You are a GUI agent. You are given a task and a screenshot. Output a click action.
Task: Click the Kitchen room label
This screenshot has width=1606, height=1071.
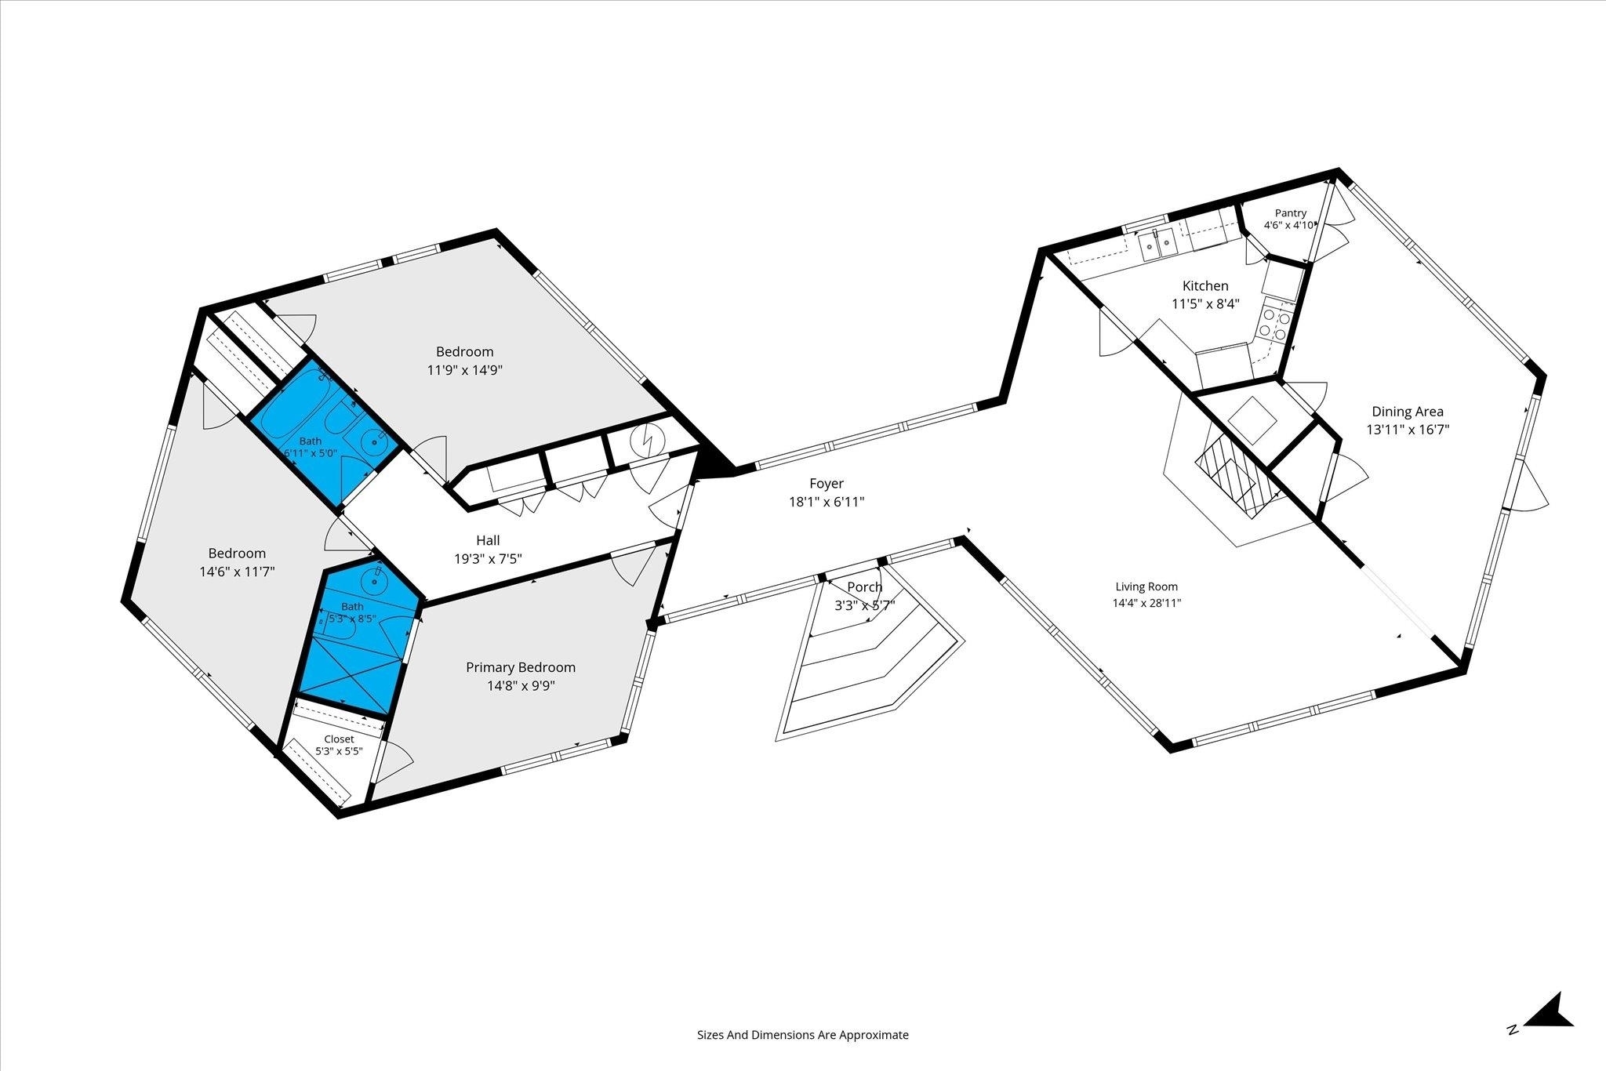point(1205,286)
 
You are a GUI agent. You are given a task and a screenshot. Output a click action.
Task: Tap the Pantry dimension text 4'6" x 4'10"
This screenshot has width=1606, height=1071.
point(1290,225)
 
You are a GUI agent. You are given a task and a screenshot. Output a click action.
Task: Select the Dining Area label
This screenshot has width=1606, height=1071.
point(1408,412)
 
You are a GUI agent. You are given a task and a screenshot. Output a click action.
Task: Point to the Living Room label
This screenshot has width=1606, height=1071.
point(1146,586)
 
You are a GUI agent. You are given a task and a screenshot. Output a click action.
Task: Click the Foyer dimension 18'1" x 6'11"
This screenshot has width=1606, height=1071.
point(827,502)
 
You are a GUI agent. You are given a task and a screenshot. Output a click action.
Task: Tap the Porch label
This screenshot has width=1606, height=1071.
point(865,587)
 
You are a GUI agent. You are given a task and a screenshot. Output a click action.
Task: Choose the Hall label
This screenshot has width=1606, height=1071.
point(488,540)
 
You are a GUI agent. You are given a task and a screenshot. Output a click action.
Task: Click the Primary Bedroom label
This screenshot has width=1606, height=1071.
point(521,667)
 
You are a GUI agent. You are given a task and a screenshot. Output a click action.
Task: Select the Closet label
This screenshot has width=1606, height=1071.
point(339,739)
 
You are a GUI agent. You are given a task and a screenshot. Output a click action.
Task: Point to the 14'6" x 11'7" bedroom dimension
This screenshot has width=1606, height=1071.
point(237,572)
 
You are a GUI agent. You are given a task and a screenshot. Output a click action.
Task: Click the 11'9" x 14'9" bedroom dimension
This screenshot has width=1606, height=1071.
point(465,370)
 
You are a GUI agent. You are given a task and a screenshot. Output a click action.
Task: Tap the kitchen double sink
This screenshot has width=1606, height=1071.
point(1159,246)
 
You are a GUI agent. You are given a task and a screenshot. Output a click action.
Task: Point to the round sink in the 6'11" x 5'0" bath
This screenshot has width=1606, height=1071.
point(377,443)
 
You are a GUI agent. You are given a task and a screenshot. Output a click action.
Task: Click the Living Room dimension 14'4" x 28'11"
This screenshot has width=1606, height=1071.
point(1146,603)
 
